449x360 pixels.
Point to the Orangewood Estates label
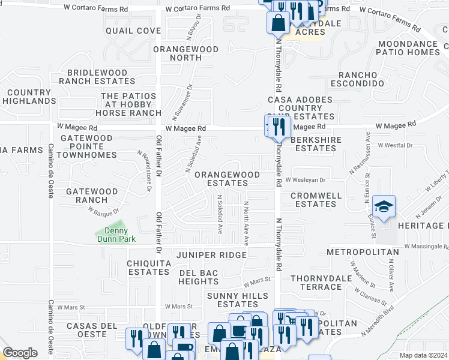click(x=228, y=179)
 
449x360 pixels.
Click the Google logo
click(x=20, y=353)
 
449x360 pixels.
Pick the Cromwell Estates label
click(x=316, y=200)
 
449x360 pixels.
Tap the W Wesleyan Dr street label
click(x=305, y=179)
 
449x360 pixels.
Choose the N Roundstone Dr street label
click(x=144, y=171)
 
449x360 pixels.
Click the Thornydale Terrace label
click(x=316, y=283)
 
